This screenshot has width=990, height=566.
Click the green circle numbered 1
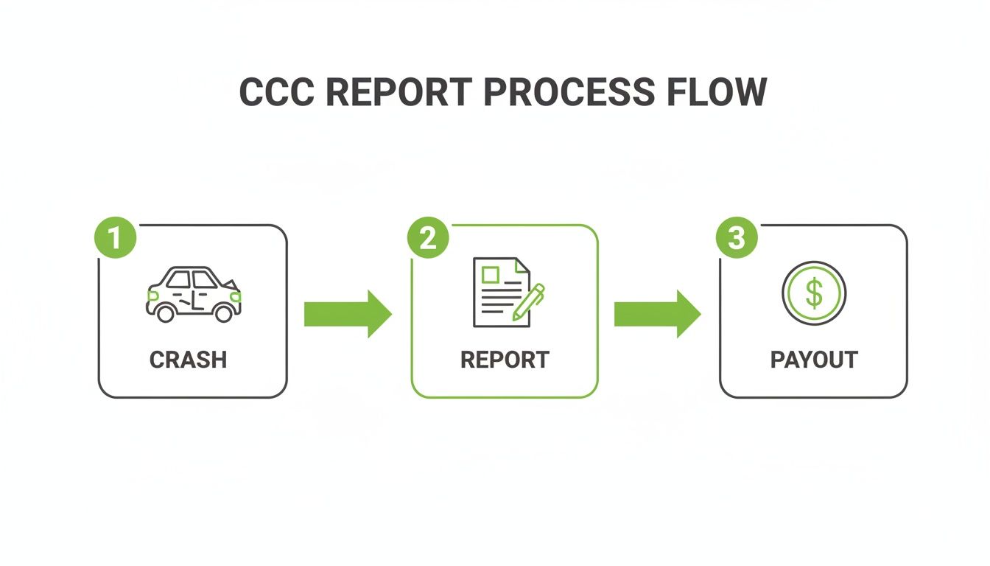[x=116, y=238]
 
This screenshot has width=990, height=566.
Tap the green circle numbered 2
[x=428, y=238]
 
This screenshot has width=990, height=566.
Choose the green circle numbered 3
[x=737, y=238]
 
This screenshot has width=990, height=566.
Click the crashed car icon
[x=193, y=293]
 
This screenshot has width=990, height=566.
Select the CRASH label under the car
[x=188, y=360]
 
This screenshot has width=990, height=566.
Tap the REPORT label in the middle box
[x=505, y=360]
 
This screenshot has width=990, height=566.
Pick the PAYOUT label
[x=814, y=360]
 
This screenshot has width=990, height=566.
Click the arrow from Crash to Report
[x=347, y=314]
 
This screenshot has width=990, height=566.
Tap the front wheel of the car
[x=224, y=313]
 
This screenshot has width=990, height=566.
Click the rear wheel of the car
[x=166, y=313]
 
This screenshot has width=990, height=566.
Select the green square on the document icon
[x=489, y=275]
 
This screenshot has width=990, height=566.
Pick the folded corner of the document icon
[x=522, y=265]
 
